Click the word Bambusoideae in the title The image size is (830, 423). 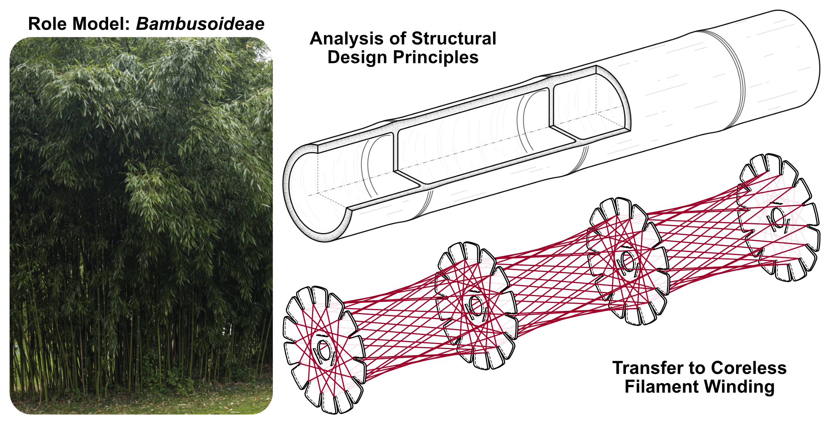tap(200, 24)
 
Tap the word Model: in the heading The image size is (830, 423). tap(101, 24)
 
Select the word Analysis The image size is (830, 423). tap(346, 39)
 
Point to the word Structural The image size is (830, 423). tap(454, 39)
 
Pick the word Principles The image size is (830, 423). tap(436, 57)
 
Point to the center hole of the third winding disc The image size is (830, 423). tap(627, 261)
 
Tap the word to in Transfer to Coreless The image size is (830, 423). tap(698, 368)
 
